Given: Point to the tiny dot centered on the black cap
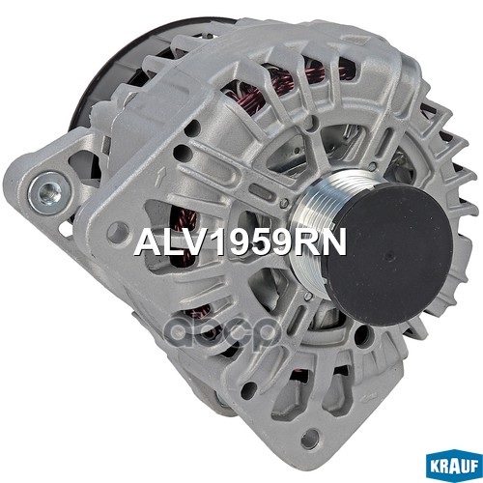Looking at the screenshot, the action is pyautogui.click(x=391, y=257).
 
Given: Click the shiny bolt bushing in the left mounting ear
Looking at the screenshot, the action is pyautogui.click(x=49, y=193).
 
